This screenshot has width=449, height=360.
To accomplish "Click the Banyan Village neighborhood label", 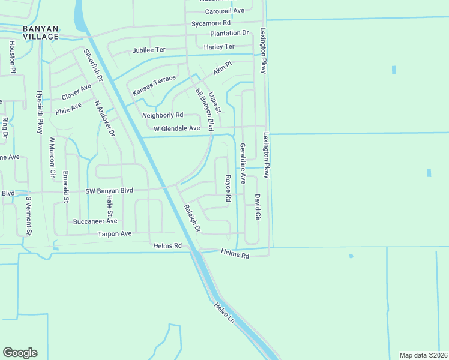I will pyautogui.click(x=41, y=32).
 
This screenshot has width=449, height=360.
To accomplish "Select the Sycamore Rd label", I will pyautogui.click(x=211, y=23).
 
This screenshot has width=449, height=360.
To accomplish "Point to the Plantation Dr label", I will pyautogui.click(x=229, y=34).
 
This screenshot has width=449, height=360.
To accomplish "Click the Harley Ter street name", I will pyautogui.click(x=219, y=47).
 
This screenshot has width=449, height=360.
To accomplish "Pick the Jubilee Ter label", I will pyautogui.click(x=149, y=50).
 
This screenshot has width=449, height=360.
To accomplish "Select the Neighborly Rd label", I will pyautogui.click(x=162, y=115).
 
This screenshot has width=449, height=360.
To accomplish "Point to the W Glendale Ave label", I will pyautogui.click(x=176, y=128).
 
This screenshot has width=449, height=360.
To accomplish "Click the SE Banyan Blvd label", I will pyautogui.click(x=205, y=109).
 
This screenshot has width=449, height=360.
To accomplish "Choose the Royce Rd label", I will pyautogui.click(x=228, y=188).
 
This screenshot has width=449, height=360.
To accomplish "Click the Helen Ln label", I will pyautogui.click(x=224, y=314).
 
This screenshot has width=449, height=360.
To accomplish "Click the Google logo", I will pyautogui.click(x=20, y=353).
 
